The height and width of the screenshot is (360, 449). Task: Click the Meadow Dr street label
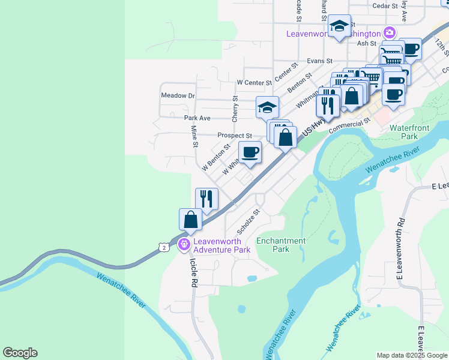click(x=178, y=95)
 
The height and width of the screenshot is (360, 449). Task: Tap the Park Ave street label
click(x=197, y=118)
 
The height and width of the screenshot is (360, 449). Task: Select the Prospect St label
click(x=234, y=136)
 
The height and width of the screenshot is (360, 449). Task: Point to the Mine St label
click(x=194, y=136)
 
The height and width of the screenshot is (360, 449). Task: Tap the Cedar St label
click(x=385, y=5)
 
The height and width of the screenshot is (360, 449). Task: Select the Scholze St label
click(x=249, y=221)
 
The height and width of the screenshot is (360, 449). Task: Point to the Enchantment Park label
click(x=281, y=245)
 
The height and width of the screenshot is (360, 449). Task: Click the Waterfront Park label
click(x=411, y=132)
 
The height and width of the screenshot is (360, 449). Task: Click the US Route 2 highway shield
click(x=163, y=247)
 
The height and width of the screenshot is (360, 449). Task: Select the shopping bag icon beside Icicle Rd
click(x=190, y=219)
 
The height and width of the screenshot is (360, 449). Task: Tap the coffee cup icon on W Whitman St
click(x=250, y=152)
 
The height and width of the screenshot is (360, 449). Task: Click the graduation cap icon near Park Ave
click(x=267, y=107)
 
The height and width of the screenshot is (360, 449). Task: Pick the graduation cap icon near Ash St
click(x=339, y=25)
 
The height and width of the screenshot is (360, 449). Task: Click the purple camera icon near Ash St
click(x=390, y=32)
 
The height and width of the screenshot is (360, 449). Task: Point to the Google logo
click(x=20, y=353)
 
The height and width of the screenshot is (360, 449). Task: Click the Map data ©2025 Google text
click(x=411, y=355)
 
